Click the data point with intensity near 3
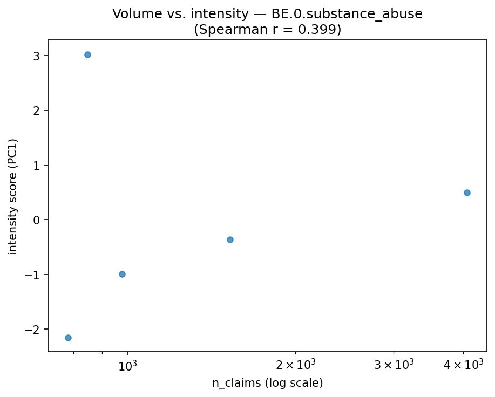tap(87, 54)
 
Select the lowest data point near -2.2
tap(68, 338)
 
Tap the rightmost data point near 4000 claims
tap(467, 193)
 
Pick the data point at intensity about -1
tap(122, 274)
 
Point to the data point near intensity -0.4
tap(230, 239)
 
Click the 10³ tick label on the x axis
tap(128, 365)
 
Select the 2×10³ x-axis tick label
tap(295, 365)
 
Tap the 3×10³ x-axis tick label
tap(394, 365)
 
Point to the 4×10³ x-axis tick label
tap(463, 365)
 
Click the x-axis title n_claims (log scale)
tap(267, 383)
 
